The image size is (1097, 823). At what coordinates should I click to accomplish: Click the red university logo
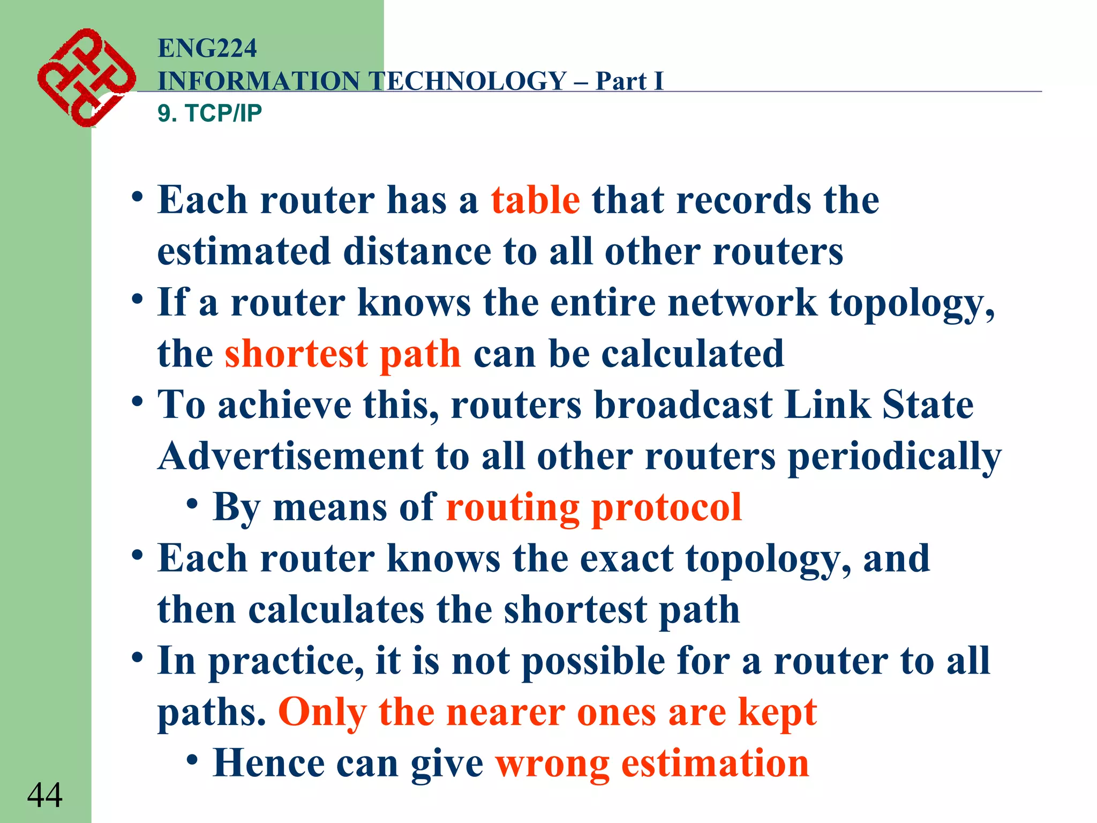(86, 78)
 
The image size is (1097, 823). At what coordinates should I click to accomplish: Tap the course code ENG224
(207, 48)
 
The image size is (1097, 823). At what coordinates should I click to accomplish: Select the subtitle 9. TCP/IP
(209, 113)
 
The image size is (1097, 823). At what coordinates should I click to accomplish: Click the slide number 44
(45, 795)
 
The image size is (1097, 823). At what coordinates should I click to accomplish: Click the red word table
(535, 200)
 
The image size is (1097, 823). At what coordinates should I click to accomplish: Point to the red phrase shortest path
(343, 354)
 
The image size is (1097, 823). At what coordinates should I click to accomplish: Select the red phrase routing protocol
(593, 507)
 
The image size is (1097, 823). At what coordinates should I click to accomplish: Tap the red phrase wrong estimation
(652, 763)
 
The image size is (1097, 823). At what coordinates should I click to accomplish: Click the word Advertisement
(290, 456)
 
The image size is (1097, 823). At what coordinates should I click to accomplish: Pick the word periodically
(895, 457)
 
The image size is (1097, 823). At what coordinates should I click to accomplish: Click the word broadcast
(683, 405)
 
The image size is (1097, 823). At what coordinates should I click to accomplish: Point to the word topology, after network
(912, 304)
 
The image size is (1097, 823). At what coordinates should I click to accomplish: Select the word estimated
(244, 251)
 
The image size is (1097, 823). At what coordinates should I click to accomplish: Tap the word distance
(417, 251)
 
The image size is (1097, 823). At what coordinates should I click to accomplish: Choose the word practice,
(285, 662)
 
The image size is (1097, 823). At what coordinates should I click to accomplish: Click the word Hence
(268, 763)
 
